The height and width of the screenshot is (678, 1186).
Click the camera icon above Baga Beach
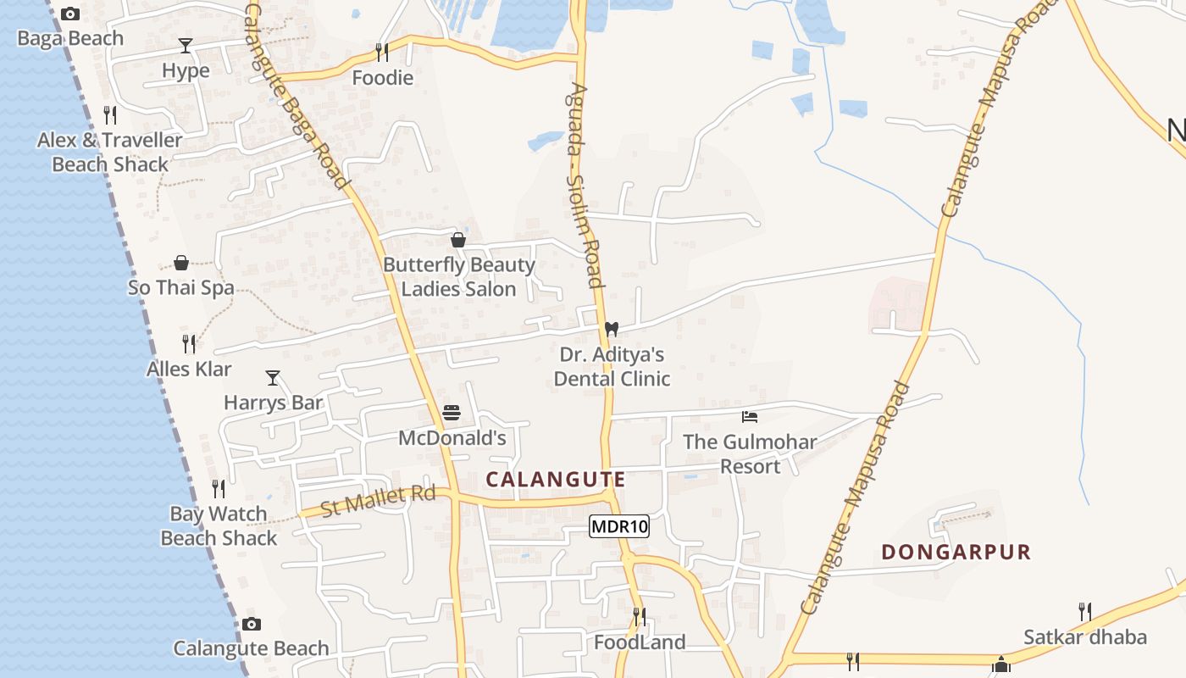(x=70, y=14)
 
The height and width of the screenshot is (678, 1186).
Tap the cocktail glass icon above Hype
(x=186, y=45)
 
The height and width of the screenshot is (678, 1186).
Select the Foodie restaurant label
(x=383, y=78)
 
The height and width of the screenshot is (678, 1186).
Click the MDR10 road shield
(x=619, y=526)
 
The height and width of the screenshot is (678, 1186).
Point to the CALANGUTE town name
(x=556, y=480)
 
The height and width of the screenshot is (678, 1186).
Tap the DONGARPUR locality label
(x=956, y=553)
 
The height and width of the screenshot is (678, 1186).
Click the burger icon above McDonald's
(x=452, y=414)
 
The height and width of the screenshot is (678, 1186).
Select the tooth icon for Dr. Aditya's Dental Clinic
(x=612, y=329)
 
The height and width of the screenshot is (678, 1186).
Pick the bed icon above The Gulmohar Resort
(x=750, y=416)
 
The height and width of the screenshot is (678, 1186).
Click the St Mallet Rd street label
(x=378, y=501)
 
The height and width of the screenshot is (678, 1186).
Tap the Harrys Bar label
(x=273, y=402)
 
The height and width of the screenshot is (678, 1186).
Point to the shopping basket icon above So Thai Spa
(x=181, y=263)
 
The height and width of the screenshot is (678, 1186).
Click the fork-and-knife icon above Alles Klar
(x=189, y=343)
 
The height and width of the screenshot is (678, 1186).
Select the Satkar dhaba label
(x=1085, y=637)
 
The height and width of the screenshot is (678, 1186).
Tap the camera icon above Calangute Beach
(x=252, y=625)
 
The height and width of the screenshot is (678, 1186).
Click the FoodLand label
(x=640, y=642)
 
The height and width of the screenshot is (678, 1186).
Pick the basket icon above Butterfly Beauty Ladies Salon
(x=458, y=240)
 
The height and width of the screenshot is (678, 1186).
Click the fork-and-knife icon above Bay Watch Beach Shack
(x=219, y=489)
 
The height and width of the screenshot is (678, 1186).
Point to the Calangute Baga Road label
(x=296, y=93)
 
